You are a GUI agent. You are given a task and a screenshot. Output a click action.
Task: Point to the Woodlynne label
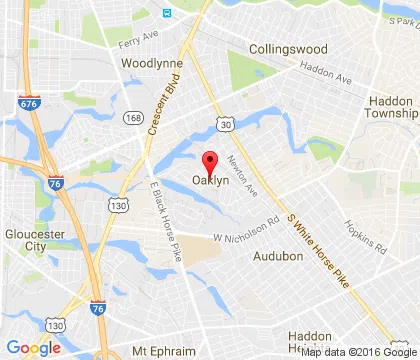(x=149, y=62)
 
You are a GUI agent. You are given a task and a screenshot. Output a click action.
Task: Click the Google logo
(x=33, y=347)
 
